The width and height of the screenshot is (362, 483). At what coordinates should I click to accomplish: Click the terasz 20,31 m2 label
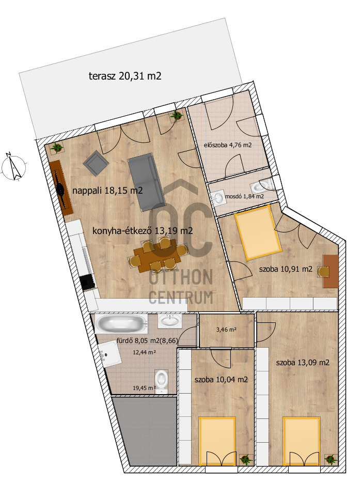[x=125, y=76]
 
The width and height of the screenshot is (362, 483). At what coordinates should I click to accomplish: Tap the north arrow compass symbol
[x=13, y=166]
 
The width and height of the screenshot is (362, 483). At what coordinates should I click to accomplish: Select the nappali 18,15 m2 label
[x=107, y=191]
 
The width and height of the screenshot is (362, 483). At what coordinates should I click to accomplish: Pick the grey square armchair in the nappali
[x=96, y=163]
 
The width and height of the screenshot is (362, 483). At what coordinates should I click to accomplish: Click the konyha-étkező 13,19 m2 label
[x=143, y=231]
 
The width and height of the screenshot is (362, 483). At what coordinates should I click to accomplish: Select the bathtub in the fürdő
[x=121, y=323]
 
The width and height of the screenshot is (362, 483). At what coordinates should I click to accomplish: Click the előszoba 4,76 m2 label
[x=228, y=145]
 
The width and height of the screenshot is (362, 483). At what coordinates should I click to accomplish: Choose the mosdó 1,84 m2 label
[x=244, y=196]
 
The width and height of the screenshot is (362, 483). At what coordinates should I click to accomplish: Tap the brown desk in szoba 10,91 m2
[x=330, y=271]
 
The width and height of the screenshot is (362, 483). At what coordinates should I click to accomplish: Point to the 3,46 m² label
[x=226, y=330]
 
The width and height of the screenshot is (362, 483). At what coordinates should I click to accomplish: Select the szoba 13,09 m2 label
[x=303, y=363]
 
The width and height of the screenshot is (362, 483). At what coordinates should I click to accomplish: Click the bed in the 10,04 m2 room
[x=217, y=441]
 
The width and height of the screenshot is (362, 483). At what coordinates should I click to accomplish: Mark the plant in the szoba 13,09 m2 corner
[x=330, y=459]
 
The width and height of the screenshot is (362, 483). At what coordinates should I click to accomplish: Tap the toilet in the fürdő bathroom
[x=161, y=381]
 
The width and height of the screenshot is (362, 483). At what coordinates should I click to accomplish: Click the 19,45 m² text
[x=144, y=388]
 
